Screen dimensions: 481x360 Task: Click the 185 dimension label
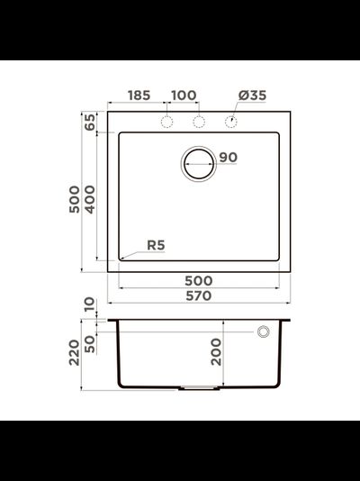139,95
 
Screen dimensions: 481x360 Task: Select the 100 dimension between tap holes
184,95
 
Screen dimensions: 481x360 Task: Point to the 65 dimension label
90,123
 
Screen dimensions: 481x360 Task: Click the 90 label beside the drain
228,158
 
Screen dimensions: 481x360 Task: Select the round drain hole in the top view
199,162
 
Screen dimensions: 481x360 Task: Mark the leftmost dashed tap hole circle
166,122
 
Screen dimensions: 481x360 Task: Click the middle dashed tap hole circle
199,122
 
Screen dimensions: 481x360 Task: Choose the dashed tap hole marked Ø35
231,122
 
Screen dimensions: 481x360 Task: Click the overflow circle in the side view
265,332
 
